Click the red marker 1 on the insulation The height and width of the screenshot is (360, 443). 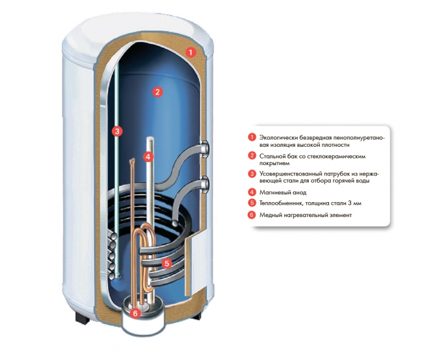(x=190, y=53)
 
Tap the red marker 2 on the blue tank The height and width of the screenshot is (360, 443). (x=157, y=92)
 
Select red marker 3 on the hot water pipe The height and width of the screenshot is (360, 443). (x=116, y=131)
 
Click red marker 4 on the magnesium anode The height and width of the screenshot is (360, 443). (x=147, y=157)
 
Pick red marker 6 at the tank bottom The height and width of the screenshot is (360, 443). (x=136, y=313)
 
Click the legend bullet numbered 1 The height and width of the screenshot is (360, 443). (x=252, y=137)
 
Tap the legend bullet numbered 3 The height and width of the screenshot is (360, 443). (x=252, y=173)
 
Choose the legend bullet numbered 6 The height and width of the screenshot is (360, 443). (x=252, y=215)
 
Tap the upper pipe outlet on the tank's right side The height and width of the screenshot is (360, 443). (x=206, y=148)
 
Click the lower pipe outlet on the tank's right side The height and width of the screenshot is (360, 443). (x=206, y=182)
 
